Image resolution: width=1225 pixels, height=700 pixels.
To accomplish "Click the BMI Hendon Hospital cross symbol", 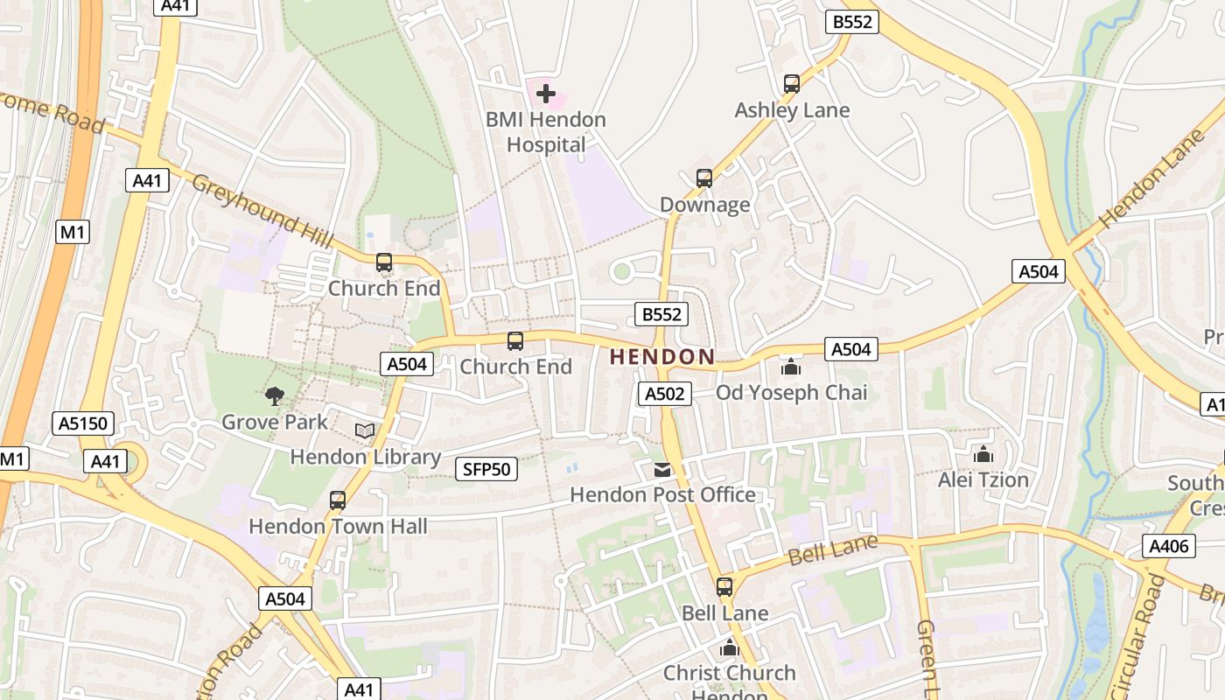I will coord(546,93).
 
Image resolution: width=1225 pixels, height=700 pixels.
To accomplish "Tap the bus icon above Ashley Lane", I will coord(792,84).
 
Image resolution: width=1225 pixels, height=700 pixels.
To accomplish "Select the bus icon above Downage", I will coord(704,178).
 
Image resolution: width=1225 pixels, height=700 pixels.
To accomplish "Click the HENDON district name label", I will coord(662,357).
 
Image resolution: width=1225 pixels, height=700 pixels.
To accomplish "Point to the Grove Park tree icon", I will coord(275,396).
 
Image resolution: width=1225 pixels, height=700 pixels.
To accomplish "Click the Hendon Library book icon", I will coord(365,431).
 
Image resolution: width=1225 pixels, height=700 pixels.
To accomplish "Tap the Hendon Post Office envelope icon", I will coord(663,470).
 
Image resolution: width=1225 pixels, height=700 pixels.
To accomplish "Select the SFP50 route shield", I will coord(486,469).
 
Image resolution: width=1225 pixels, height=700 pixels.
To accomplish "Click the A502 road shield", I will coord(664,394).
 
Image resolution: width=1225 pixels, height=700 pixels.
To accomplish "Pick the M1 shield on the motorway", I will coord(73,232).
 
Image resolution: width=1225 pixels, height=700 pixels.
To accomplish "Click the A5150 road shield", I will coord(83,424).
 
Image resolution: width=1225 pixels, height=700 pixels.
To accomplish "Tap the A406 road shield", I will coord(1168,547).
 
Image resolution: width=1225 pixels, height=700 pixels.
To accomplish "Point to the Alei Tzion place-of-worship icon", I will coord(983,454).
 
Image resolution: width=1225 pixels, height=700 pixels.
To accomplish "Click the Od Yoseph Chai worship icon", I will coord(791,367).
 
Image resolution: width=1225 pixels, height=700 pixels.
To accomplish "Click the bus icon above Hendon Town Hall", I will coord(338,500).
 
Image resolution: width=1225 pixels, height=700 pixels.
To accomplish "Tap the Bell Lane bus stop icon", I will coord(724,587).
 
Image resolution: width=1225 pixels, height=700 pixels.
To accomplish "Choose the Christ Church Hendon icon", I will coord(729,648).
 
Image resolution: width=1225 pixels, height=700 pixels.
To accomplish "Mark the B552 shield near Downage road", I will coord(661,314).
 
